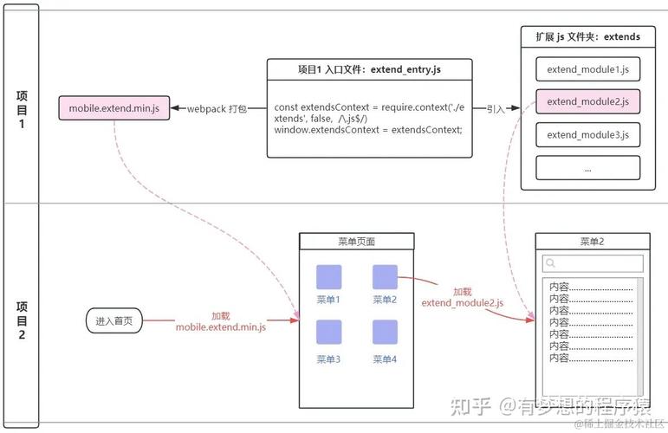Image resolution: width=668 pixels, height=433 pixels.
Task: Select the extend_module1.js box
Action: click(587, 68)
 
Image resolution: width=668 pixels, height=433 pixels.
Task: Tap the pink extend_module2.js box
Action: click(587, 101)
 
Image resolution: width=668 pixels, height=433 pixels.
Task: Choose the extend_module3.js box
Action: click(587, 134)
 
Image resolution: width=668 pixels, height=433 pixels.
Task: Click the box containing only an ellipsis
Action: click(587, 168)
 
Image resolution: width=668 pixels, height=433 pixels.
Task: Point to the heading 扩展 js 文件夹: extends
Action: click(587, 36)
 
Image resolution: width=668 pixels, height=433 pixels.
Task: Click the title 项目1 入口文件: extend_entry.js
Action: click(369, 68)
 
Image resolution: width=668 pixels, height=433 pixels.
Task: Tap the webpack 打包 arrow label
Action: click(217, 109)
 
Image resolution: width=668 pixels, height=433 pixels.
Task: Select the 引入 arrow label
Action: click(496, 109)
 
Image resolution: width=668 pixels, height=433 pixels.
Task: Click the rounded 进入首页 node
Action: click(114, 320)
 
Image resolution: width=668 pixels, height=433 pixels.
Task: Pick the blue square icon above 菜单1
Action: click(328, 277)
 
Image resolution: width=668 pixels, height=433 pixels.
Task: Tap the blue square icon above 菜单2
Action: click(385, 277)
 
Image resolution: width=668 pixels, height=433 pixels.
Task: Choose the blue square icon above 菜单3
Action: click(328, 333)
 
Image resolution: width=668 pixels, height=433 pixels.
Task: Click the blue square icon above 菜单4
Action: click(385, 333)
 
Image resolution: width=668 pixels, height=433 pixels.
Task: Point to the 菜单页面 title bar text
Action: click(356, 242)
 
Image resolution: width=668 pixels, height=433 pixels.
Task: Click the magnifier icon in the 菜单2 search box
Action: click(549, 263)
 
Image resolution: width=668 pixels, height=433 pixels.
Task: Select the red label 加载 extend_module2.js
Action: click(462, 297)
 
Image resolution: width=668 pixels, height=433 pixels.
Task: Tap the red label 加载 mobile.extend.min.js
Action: click(221, 321)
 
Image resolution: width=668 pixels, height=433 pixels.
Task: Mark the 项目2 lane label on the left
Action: click(22, 319)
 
